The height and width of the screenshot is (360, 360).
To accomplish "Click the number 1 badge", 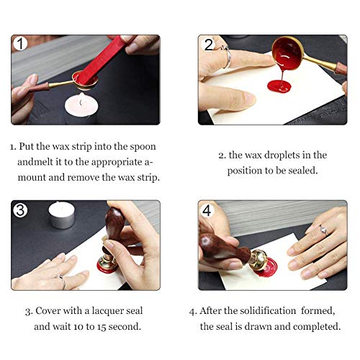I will [21, 45].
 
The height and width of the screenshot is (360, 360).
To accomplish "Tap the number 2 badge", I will [209, 45].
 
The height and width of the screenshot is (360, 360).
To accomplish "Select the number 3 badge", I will [21, 210].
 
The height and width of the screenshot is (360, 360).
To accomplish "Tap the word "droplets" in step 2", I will [274, 155].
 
